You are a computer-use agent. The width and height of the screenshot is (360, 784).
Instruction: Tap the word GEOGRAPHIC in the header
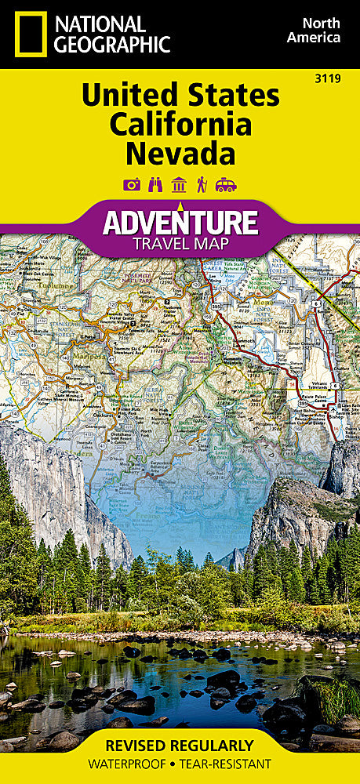(112, 43)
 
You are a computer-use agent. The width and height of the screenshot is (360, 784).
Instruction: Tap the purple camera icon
(132, 185)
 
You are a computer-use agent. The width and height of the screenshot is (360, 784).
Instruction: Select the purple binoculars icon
(155, 185)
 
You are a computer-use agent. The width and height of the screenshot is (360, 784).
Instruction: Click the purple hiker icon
(202, 185)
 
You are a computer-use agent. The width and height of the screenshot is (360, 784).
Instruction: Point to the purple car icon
(226, 185)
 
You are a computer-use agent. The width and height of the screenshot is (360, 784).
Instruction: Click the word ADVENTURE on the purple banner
(180, 222)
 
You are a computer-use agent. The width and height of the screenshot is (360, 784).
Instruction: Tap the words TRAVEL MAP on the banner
(180, 243)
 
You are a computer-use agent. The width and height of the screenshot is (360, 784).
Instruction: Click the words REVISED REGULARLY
(180, 745)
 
